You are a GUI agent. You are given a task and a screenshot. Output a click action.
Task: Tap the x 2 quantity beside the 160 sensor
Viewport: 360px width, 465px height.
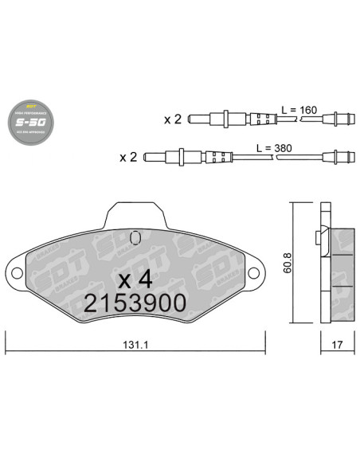tap(173, 120)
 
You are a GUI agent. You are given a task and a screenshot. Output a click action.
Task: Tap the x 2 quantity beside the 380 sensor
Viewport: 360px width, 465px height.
tap(128, 157)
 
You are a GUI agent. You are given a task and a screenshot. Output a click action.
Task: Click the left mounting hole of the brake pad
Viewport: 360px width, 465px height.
tap(16, 272)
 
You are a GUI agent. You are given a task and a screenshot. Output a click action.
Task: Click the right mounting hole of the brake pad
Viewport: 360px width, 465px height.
tap(254, 272)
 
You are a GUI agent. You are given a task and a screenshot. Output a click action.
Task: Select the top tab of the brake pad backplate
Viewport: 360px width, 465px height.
tap(135, 213)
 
